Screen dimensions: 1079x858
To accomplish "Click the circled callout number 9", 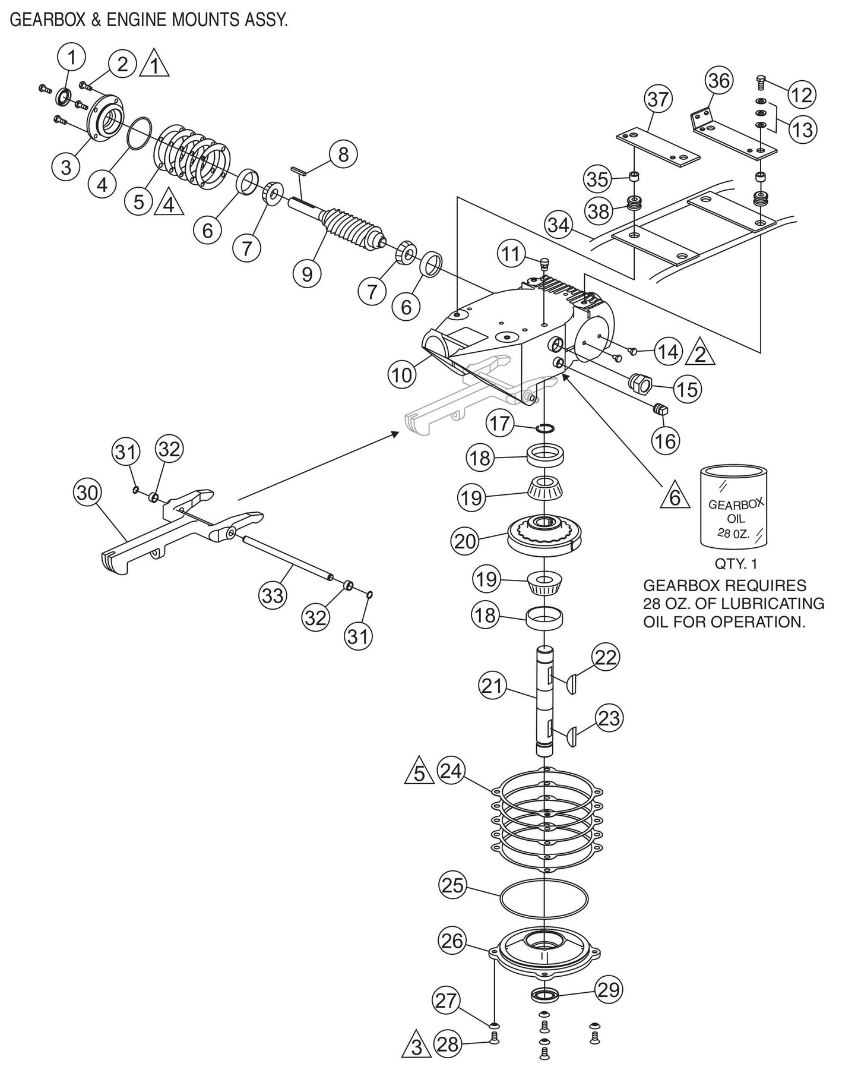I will click(x=306, y=274).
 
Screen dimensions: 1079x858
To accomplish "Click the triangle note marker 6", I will click(x=675, y=496).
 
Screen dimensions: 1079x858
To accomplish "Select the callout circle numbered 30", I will click(x=88, y=493).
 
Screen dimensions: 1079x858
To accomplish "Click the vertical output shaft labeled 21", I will click(x=544, y=701).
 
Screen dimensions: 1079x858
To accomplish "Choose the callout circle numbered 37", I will click(x=657, y=99).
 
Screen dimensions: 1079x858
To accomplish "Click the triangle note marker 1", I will click(x=154, y=66).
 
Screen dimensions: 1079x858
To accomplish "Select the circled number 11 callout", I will click(x=511, y=254).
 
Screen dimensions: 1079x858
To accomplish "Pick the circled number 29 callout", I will click(x=609, y=990).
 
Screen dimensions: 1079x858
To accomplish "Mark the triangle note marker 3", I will click(x=416, y=1061).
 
